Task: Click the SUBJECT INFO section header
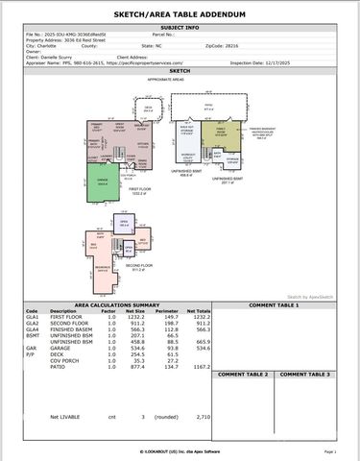[180, 29]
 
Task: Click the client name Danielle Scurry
[57, 58]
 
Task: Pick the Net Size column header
[135, 311]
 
